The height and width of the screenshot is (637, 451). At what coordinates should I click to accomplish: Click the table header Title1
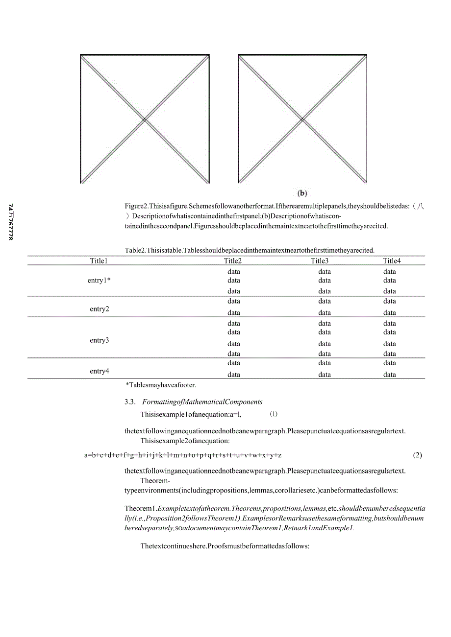click(99, 261)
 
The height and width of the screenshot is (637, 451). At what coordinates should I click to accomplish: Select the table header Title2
click(233, 261)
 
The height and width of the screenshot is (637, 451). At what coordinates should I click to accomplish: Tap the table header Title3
click(320, 261)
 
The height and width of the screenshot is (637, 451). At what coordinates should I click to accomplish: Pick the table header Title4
click(392, 261)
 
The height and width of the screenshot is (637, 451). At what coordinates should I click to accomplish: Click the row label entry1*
click(100, 281)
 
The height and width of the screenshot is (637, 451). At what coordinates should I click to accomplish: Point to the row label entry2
click(100, 309)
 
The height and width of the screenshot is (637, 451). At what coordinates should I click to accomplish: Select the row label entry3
click(100, 340)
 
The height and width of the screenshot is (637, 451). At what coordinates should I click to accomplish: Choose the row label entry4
click(100, 371)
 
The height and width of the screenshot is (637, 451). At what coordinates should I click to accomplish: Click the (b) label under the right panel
click(302, 193)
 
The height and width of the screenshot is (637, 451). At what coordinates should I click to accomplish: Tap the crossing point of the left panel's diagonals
click(145, 119)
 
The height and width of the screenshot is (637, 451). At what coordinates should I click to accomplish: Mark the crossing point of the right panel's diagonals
click(302, 119)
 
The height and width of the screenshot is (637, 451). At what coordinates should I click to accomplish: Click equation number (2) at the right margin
click(417, 455)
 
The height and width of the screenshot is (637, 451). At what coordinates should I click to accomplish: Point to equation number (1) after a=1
click(274, 414)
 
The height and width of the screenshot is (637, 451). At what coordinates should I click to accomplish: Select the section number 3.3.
click(130, 402)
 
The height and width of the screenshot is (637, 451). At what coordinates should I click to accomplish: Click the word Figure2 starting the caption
click(136, 206)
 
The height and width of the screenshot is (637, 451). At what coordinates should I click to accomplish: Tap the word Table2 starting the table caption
click(135, 250)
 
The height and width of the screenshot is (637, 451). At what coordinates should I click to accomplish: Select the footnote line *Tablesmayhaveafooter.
click(161, 385)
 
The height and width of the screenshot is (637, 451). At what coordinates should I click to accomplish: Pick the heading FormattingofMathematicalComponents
click(202, 402)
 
